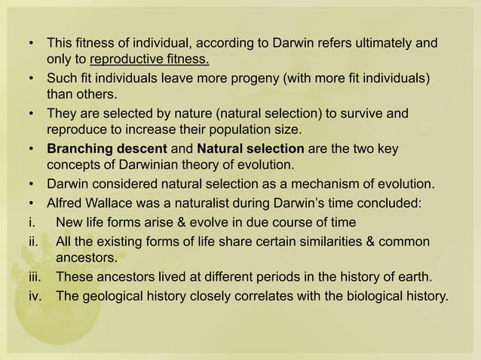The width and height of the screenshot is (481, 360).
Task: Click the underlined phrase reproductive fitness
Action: tap(149, 59)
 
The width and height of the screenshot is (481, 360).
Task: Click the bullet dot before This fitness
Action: tap(30, 42)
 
